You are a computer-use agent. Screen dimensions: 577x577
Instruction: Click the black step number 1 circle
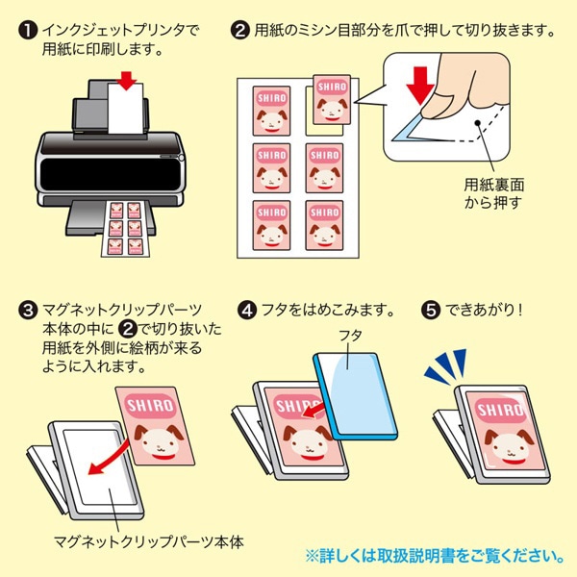click(28, 31)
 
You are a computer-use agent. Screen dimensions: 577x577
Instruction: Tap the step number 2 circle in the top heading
click(239, 31)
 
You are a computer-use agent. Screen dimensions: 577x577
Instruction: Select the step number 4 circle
click(247, 310)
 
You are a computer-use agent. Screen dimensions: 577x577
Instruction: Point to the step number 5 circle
click(431, 310)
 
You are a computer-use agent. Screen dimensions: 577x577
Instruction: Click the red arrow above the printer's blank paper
click(126, 81)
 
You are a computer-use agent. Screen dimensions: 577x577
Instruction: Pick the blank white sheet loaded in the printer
click(125, 109)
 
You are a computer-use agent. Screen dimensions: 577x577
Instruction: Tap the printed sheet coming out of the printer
click(125, 229)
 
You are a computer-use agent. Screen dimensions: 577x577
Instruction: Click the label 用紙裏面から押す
click(494, 194)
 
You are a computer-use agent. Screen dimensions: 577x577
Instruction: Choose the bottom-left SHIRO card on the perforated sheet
click(271, 225)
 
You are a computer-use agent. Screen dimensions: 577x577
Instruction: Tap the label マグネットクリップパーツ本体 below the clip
click(149, 541)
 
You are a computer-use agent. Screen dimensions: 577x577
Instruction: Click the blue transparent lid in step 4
click(355, 396)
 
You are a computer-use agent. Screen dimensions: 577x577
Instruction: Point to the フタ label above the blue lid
click(350, 336)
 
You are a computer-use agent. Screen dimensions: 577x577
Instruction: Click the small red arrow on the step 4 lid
click(314, 411)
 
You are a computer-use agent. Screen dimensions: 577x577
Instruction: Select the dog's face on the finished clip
click(510, 446)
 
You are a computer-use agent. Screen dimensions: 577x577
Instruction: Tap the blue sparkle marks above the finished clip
click(445, 365)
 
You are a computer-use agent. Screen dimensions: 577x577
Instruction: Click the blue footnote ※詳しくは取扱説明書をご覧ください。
click(436, 556)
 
